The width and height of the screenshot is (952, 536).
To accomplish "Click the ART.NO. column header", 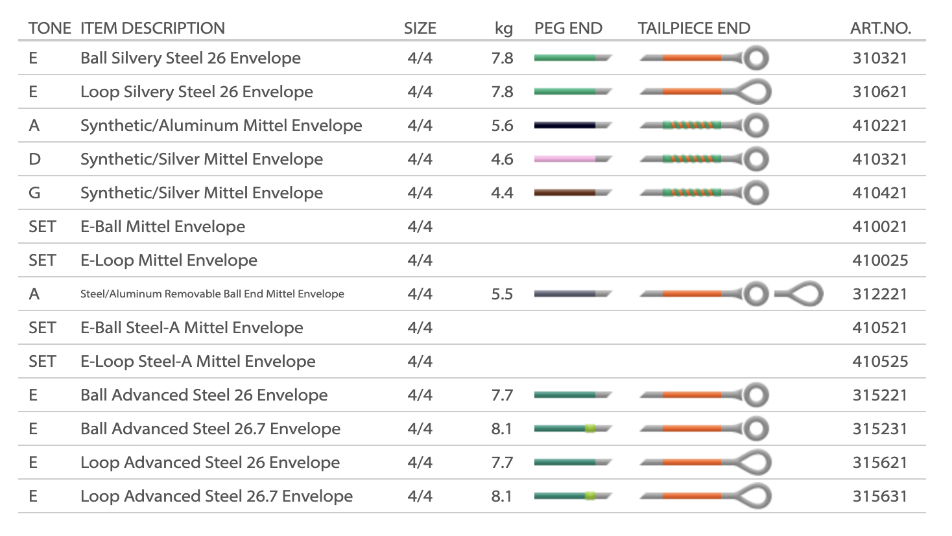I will pos(880,29).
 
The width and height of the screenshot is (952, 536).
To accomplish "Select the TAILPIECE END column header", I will pos(694,29).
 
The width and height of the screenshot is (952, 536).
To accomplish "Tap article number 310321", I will pos(879,58).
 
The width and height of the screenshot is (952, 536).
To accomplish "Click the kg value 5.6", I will pos(502,126).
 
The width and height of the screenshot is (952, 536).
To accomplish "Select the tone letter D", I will pos(35,159).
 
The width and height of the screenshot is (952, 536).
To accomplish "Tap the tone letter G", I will pos(35,193).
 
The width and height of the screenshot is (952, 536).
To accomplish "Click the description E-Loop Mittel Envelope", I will pos(169,261).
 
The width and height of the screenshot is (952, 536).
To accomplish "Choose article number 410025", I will pos(879,261).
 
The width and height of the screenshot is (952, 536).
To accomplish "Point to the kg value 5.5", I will pos(502,294).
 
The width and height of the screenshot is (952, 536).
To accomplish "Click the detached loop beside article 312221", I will pos(800,294).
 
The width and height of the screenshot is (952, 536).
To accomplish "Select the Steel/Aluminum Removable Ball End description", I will pos(212,294).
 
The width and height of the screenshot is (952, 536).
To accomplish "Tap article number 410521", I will pos(879,328).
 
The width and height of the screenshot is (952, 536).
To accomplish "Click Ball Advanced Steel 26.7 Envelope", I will pos(210,429).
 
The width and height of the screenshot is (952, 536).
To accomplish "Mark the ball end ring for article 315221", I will pos(756,395).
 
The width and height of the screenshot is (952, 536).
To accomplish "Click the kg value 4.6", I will pos(502,159).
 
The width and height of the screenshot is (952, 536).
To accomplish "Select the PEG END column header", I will pos(568,29).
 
